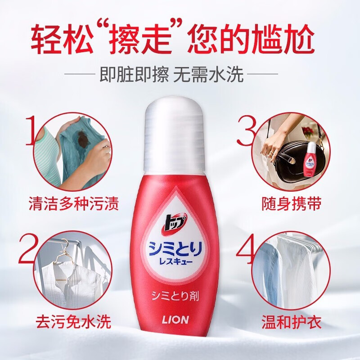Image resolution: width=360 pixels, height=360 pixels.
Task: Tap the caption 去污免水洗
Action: pos(74,323)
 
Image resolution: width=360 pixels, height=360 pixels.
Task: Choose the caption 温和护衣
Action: pos(291,323)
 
